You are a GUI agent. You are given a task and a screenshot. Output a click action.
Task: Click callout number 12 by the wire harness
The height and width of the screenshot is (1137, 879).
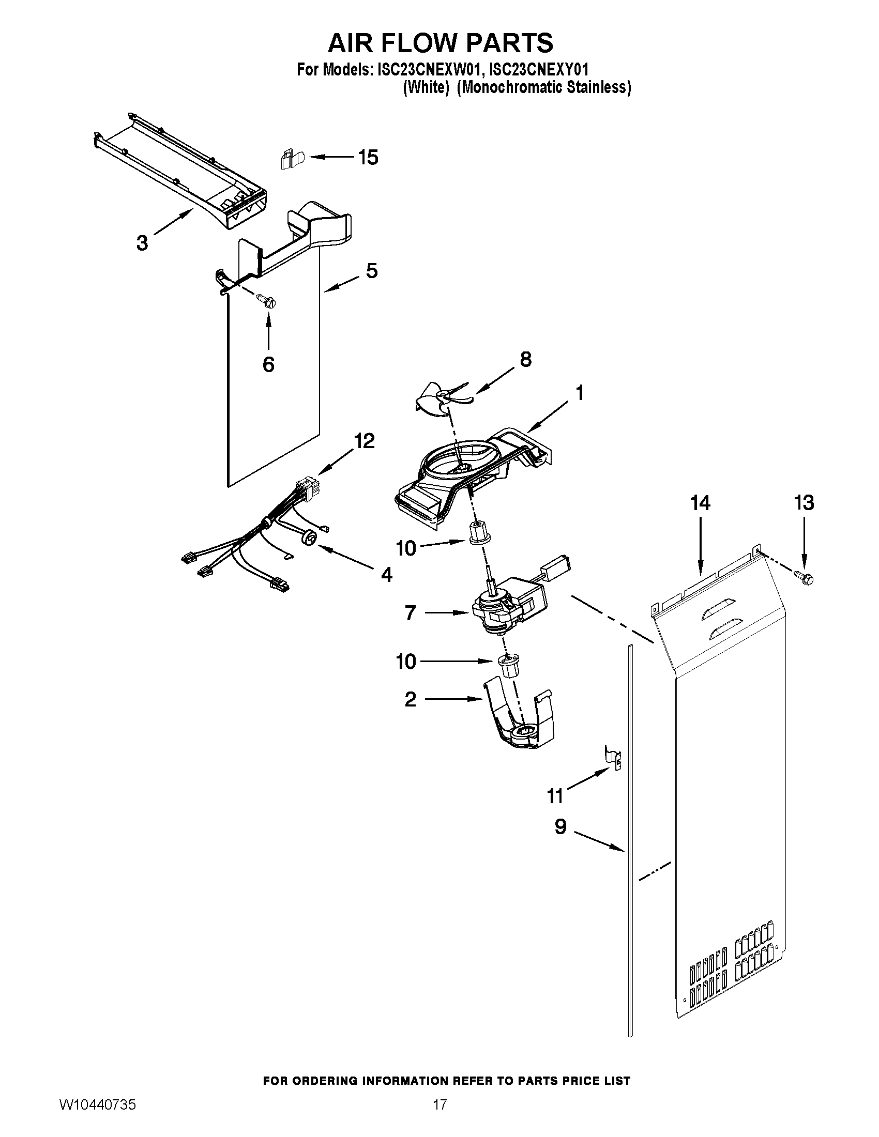[x=364, y=441]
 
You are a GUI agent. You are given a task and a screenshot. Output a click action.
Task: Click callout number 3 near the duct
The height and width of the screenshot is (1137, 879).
[x=142, y=242]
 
